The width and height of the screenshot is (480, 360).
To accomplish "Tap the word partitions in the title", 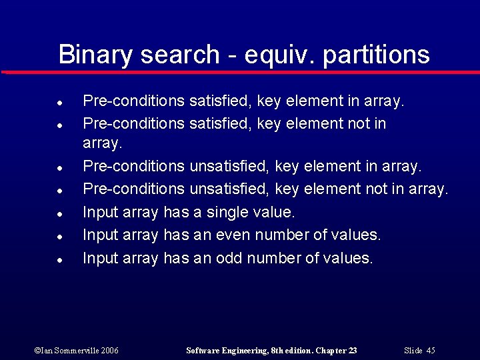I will point(376,55).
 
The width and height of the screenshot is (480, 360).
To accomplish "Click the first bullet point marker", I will point(60,103).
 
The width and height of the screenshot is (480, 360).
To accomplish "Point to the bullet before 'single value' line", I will point(60,214).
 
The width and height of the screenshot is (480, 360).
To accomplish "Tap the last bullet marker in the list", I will point(60,259).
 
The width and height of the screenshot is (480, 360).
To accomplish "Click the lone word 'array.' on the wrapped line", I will point(102,143).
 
